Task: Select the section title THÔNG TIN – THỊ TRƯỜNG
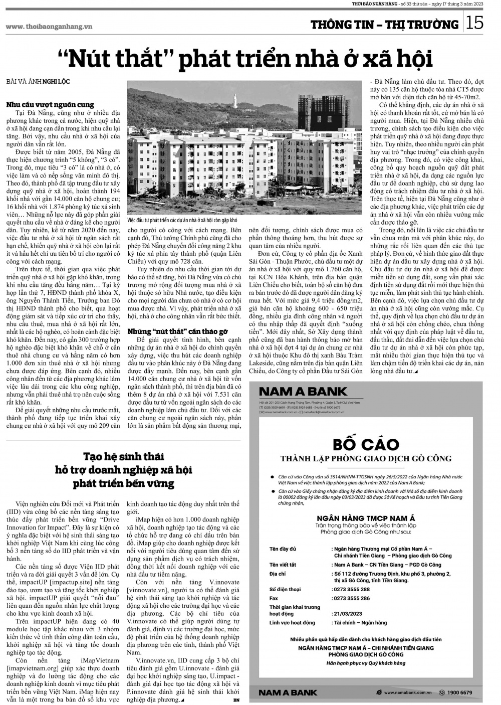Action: tap(384, 25)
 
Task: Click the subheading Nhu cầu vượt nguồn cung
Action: tap(50, 104)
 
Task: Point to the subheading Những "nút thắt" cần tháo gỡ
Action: tap(178, 331)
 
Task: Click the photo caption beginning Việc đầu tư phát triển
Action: tap(182, 220)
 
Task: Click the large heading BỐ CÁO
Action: tap(366, 444)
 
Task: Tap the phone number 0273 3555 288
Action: tap(352, 589)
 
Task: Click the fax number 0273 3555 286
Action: tap(352, 598)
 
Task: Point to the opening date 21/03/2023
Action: tap(348, 614)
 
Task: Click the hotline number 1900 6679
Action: tap(459, 692)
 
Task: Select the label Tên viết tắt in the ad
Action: tap(283, 565)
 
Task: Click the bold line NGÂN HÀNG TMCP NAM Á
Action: tap(366, 517)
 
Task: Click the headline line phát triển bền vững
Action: tap(124, 483)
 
